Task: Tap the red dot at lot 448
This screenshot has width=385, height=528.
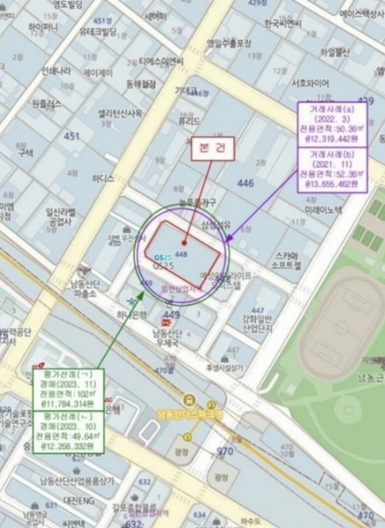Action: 184,243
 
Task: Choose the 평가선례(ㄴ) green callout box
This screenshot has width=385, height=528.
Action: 69,432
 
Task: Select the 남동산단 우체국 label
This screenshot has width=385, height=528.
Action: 167,338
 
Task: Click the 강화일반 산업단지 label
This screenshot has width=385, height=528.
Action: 257,323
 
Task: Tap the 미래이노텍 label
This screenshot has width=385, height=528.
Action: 323,210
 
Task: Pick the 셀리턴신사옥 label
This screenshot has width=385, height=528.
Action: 120,113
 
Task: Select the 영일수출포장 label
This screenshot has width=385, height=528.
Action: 229,44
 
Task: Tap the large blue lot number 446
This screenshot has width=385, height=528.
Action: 245,183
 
